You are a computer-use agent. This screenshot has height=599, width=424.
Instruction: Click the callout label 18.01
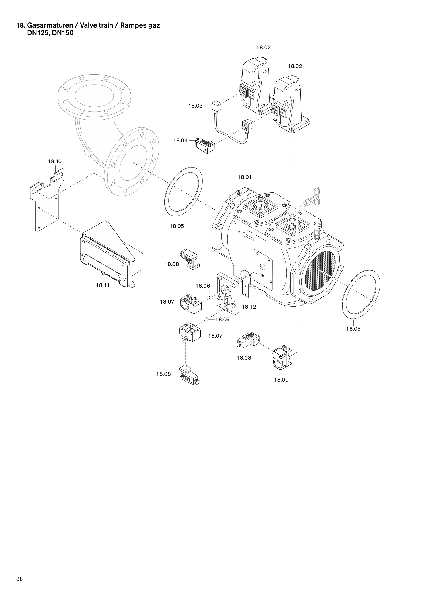[x=245, y=177]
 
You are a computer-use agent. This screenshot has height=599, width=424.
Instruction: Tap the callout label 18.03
[x=195, y=106]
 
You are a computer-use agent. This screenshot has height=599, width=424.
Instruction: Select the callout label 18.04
[x=181, y=140]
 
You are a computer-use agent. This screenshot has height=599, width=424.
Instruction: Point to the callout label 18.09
[x=281, y=380]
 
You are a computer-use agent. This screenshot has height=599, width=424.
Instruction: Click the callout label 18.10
[x=54, y=161]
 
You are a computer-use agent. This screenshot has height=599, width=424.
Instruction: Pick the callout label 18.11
[x=103, y=285]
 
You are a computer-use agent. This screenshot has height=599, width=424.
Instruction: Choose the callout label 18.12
[x=249, y=307]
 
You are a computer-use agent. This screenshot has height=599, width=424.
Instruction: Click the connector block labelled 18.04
[x=204, y=145]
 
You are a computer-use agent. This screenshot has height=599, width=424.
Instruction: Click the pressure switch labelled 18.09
[x=282, y=357]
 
